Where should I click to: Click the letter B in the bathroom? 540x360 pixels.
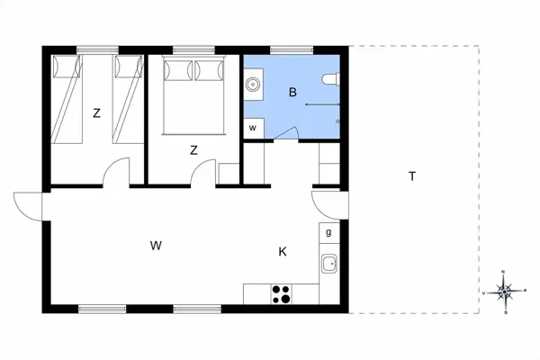292,92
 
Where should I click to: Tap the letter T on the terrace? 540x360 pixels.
411,176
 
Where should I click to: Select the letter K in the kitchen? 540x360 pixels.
282,252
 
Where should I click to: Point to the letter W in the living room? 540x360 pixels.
156,245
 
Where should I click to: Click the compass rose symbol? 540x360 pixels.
505,292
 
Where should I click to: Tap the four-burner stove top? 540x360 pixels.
281,292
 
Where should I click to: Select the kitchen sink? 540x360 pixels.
329,265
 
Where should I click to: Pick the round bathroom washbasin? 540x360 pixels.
254,85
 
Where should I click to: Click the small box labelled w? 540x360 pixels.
253,128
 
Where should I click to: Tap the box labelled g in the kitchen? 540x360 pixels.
328,232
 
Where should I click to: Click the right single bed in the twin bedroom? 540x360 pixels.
127,99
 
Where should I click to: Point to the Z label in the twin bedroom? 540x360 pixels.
96,113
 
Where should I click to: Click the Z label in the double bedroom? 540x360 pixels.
193,150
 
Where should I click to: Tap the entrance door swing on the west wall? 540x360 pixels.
29,206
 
